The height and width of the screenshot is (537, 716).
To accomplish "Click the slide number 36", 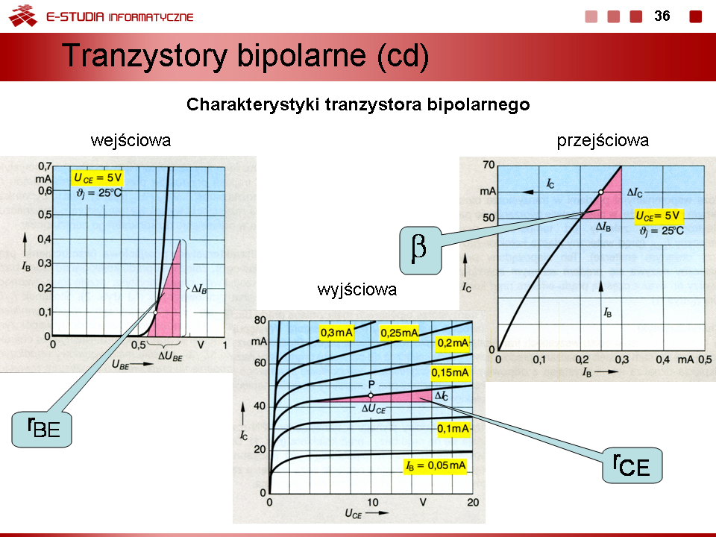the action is [x=662, y=16].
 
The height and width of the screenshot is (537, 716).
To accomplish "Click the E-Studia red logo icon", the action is [x=23, y=16].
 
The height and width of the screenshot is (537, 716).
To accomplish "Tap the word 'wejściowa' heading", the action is [x=131, y=140].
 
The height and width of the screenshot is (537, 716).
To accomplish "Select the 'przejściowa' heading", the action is [x=603, y=141].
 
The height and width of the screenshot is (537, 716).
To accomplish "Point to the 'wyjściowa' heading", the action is [x=357, y=289].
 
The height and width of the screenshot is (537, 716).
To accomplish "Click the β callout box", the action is [x=421, y=251].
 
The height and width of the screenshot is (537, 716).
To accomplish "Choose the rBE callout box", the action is [x=42, y=430].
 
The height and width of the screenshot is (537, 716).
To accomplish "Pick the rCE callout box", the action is [x=632, y=465].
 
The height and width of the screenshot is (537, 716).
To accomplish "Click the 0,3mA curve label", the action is [x=336, y=333].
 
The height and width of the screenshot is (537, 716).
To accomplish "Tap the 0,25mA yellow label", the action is [x=399, y=333].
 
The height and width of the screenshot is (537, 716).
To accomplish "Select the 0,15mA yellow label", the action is [x=450, y=373].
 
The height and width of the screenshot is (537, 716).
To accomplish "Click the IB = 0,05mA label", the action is [x=436, y=465].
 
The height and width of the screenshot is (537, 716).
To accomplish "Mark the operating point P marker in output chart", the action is [x=371, y=395].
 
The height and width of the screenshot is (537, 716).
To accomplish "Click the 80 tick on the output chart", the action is [x=260, y=320].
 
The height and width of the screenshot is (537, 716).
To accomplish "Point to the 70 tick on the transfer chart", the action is [x=489, y=165].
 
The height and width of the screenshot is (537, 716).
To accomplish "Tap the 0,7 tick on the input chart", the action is [x=44, y=166].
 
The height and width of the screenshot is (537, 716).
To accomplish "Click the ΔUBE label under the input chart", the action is [x=170, y=357].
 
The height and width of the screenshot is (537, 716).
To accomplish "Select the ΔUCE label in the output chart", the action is [x=374, y=409].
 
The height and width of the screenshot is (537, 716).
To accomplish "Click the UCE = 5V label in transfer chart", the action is [x=658, y=216].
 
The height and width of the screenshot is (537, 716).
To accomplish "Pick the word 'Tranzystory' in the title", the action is [x=144, y=56].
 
